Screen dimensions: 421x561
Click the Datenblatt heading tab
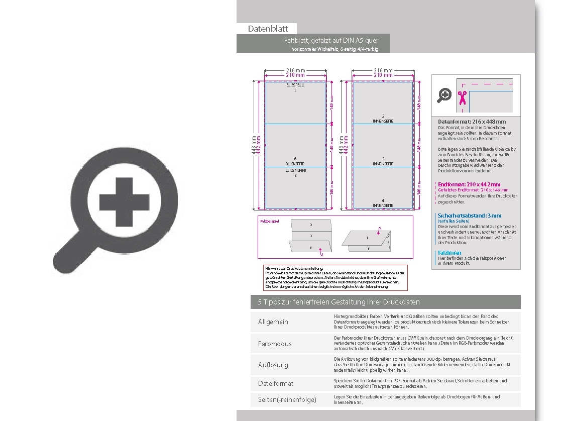268,29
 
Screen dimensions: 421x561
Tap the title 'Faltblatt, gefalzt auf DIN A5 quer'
331,40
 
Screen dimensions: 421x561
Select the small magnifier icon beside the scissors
444,95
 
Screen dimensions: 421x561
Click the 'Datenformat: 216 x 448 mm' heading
472,122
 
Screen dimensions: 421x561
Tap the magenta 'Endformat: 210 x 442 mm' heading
469,185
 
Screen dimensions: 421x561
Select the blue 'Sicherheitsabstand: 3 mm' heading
469,216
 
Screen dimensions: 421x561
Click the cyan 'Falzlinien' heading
449,253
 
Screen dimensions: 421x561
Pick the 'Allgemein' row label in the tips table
273,322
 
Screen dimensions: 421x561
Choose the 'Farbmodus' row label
275,344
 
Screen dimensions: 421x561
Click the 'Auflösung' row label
273,365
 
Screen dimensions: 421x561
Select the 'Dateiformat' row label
276,383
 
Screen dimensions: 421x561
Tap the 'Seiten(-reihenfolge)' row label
287,400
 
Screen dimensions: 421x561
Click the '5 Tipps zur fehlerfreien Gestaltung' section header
339,302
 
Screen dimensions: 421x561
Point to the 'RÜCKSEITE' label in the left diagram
295,164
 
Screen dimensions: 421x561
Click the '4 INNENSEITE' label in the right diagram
383,203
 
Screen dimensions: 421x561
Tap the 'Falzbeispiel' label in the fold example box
269,221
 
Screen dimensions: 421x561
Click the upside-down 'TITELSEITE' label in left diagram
295,86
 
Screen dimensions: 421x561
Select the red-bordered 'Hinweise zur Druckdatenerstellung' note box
336,278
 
